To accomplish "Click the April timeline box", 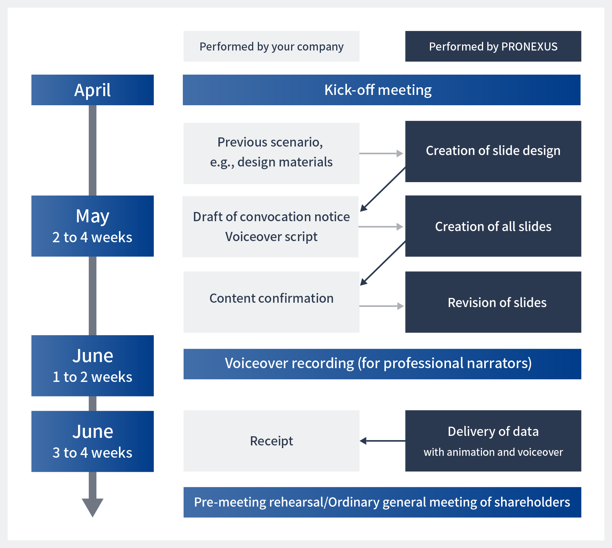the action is (93, 90).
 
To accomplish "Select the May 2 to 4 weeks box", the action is (93, 226).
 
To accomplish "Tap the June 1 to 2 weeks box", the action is (93, 366).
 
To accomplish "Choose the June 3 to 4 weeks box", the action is (93, 441).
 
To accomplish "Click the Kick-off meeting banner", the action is (382, 90).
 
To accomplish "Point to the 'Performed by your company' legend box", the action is (272, 46).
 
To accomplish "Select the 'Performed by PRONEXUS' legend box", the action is (493, 46).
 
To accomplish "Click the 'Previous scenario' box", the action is (272, 153).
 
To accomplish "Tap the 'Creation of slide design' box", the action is (493, 152).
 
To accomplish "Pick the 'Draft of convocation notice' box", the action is (270, 227).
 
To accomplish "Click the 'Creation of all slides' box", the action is (493, 226).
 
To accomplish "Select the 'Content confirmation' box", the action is (272, 302).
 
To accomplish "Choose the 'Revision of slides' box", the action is (493, 302).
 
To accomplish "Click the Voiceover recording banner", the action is (382, 364).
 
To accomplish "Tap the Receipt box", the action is (272, 441).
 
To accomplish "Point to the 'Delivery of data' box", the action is (493, 441).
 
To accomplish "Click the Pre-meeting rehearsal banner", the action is (382, 502).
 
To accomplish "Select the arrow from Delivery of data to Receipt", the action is (382, 441).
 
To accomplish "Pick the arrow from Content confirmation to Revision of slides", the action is (382, 306).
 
